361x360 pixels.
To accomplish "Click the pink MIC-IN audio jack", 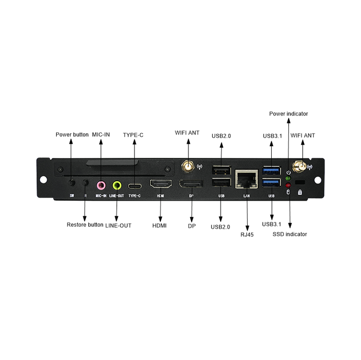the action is (x=101, y=184).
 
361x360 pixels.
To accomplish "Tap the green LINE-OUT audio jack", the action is (x=117, y=184).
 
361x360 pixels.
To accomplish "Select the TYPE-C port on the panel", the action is (x=134, y=185).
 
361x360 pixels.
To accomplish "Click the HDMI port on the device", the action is (x=160, y=184).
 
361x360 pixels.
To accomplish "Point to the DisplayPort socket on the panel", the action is (x=192, y=184).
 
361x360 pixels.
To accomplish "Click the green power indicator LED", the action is (x=288, y=178).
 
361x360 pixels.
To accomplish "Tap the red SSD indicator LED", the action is (x=288, y=184).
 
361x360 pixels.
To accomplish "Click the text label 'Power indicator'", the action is (x=288, y=114).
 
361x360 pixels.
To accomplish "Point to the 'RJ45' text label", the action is (x=247, y=234).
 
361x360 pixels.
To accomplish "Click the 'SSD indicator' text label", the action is (x=290, y=234).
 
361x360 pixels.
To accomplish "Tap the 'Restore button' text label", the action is (x=85, y=225).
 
